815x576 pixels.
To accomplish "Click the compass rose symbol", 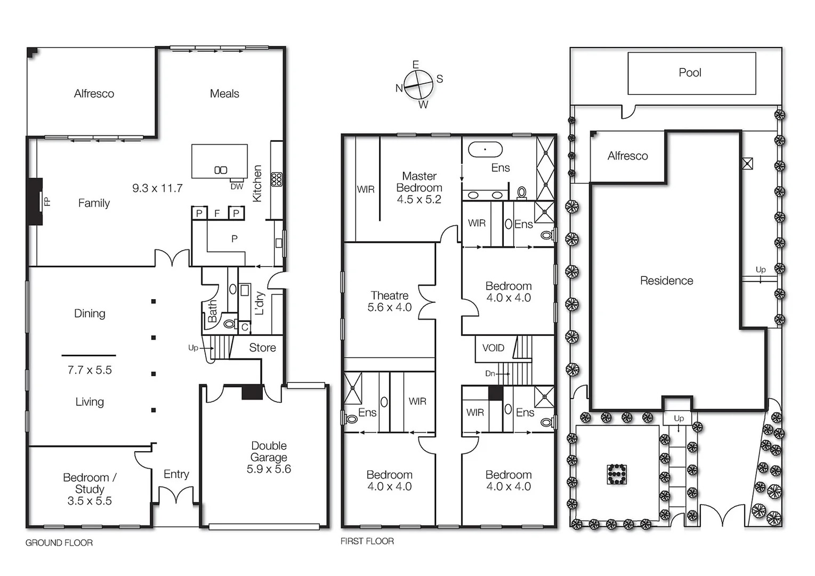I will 417,85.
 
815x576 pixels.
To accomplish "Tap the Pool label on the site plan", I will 690,73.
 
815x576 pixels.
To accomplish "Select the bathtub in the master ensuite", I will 485,149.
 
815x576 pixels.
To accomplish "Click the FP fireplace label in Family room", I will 47,202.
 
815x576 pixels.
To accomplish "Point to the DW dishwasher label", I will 237,187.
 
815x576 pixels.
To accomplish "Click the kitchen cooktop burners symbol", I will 276,179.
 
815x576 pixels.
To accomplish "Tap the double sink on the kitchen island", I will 220,170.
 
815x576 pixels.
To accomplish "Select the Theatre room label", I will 389,295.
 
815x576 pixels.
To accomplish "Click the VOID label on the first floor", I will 493,348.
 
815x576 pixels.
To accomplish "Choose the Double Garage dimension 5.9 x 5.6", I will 269,469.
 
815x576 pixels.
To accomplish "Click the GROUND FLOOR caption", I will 59,543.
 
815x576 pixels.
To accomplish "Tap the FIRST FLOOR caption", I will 367,541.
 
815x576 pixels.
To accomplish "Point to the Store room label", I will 262,348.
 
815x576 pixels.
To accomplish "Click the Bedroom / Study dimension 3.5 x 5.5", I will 90,501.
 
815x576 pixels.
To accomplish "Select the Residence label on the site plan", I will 666,281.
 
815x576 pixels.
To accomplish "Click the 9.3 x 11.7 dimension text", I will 157,188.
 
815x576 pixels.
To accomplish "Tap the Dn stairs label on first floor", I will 490,374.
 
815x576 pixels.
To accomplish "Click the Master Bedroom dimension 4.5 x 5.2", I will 419,199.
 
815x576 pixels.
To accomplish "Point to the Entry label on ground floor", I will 176,474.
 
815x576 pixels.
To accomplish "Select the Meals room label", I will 224,94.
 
